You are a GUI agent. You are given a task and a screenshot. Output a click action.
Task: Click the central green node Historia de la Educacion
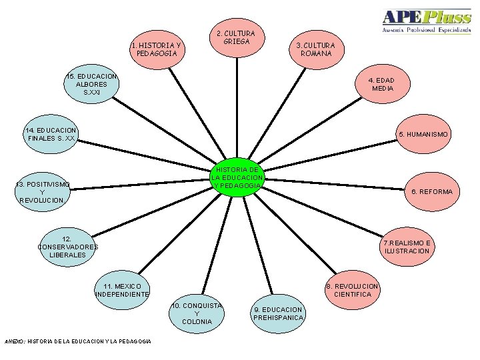coord(237,177)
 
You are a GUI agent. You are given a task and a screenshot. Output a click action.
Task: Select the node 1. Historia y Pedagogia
coord(157,49)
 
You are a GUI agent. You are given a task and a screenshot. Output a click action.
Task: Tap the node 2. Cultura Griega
coord(237,37)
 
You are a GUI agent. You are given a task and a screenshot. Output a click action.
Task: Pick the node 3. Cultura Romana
coord(316,49)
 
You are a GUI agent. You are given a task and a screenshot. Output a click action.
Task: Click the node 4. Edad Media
coord(382,84)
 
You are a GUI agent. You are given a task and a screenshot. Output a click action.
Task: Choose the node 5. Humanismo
coord(423,134)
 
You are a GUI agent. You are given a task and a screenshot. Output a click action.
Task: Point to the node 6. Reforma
coord(431,191)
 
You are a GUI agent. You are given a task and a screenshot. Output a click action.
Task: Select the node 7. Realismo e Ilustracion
coord(407,247)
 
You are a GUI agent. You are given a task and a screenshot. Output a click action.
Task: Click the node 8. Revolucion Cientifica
coord(353,290)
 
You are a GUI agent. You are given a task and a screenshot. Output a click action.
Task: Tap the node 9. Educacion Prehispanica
coord(278,313)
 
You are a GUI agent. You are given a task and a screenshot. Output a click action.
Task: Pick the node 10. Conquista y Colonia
coord(197,313)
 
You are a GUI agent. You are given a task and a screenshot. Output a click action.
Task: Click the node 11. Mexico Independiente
coord(123,290)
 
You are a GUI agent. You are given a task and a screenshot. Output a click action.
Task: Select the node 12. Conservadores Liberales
coord(67,247)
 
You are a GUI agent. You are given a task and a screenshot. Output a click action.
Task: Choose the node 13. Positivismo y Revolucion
coord(42,191)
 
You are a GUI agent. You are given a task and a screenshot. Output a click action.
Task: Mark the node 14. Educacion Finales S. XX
coord(51,134)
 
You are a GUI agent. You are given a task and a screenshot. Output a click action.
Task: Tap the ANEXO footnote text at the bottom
coord(77,341)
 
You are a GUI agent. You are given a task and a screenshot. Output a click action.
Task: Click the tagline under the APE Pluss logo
coord(426,31)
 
